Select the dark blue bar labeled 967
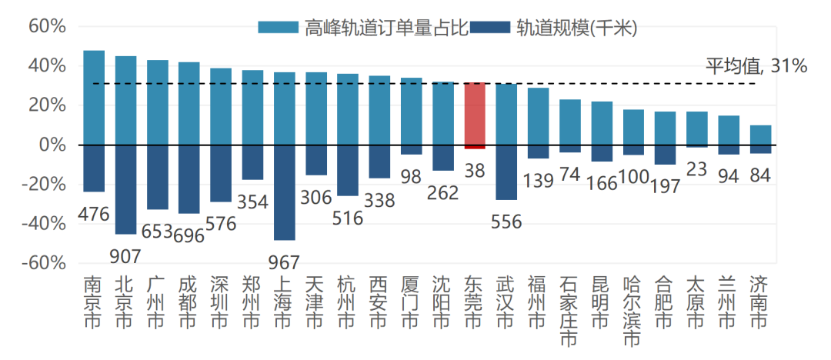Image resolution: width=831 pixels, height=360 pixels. [x=284, y=192]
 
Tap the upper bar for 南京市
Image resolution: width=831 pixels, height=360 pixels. [x=94, y=98]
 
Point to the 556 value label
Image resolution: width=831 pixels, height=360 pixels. [x=506, y=222]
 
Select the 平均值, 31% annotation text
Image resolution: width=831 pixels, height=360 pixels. [x=756, y=66]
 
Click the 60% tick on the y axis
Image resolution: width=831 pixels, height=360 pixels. [x=47, y=26]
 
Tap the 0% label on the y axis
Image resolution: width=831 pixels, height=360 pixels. [x=52, y=145]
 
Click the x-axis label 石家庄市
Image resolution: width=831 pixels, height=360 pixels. [x=569, y=311]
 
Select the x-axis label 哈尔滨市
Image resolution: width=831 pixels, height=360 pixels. [x=632, y=311]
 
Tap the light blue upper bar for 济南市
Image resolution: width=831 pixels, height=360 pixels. [x=760, y=135]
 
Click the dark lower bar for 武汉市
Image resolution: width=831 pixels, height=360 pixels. [x=506, y=172]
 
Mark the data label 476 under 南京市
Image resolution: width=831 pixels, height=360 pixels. [x=94, y=214]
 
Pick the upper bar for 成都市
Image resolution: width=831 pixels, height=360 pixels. [x=189, y=103]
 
